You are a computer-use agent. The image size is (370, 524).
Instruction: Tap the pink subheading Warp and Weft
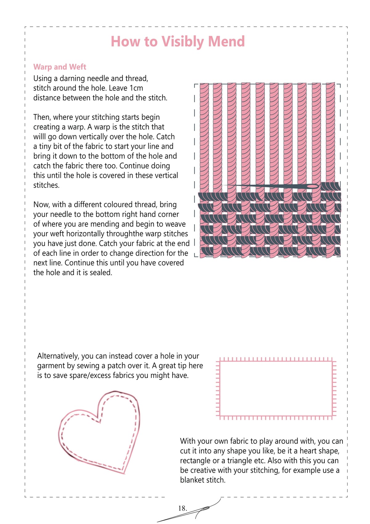[x=60, y=67]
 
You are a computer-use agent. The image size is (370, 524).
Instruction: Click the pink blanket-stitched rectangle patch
[x=276, y=388]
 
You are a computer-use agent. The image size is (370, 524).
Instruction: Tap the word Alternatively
[x=58, y=356]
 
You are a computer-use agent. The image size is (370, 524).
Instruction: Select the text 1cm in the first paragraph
[x=136, y=88]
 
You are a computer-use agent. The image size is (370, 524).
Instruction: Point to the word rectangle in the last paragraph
[x=195, y=461]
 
